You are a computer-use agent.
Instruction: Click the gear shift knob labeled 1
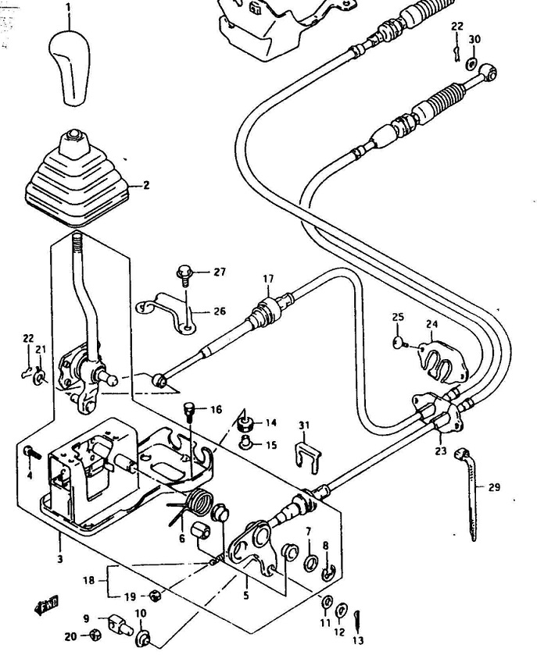pyautogui.click(x=70, y=67)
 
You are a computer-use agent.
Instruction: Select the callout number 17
pyautogui.click(x=268, y=279)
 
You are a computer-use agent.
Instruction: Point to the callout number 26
pyautogui.click(x=219, y=311)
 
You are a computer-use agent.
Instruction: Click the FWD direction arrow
pyautogui.click(x=46, y=607)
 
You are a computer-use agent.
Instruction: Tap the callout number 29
pyautogui.click(x=494, y=487)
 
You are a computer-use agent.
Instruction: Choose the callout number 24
pyautogui.click(x=431, y=324)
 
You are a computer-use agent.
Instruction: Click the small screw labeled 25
pyautogui.click(x=400, y=344)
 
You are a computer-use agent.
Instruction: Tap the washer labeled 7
pyautogui.click(x=310, y=563)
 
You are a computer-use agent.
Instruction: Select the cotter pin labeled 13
pyautogui.click(x=357, y=621)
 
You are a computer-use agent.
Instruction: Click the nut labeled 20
pyautogui.click(x=96, y=635)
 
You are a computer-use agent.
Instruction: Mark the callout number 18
pyautogui.click(x=88, y=580)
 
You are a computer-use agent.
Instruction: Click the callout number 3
pyautogui.click(x=60, y=558)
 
